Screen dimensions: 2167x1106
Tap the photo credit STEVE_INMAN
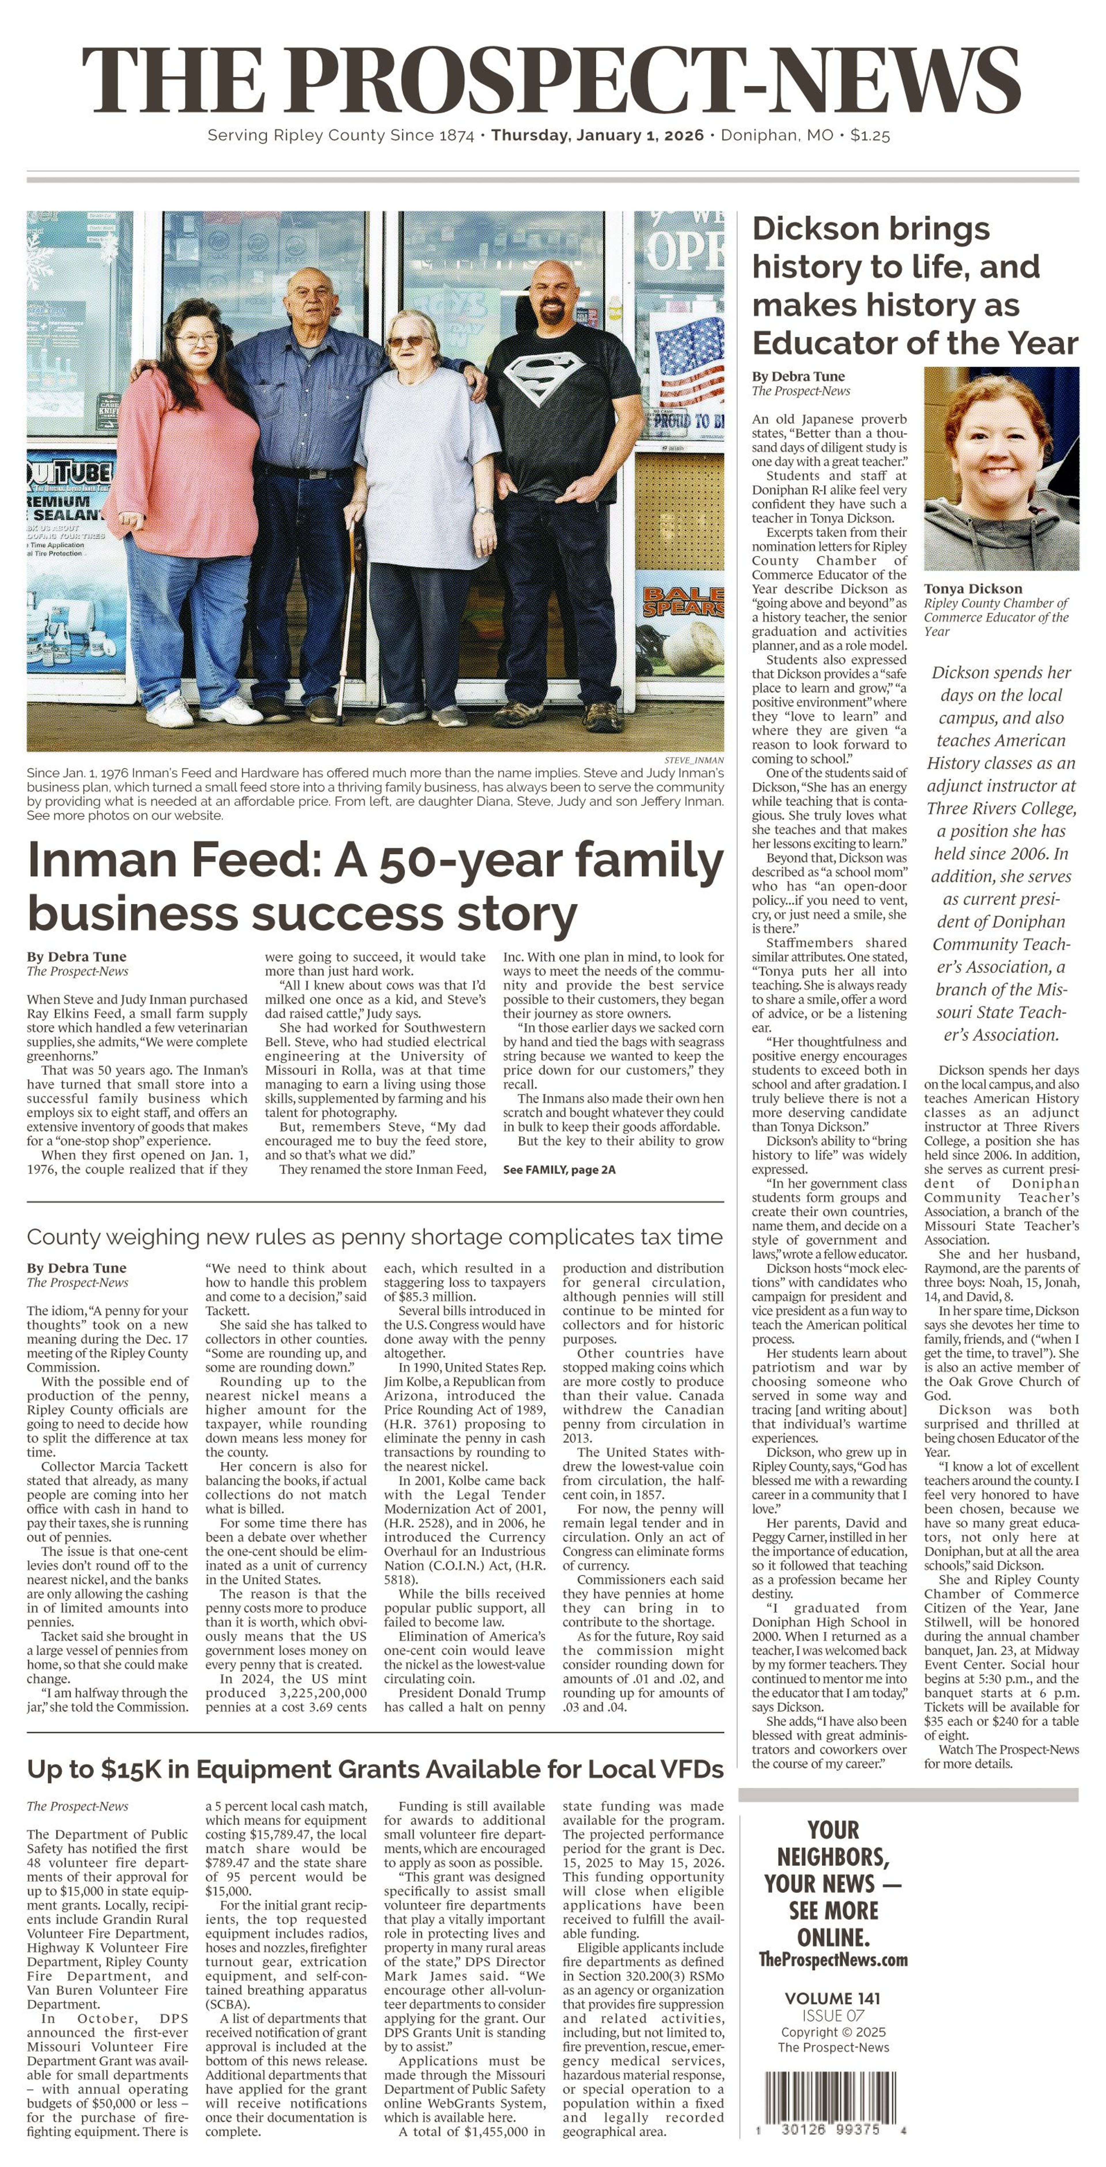tap(694, 760)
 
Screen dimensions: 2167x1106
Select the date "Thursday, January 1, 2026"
tap(597, 135)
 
